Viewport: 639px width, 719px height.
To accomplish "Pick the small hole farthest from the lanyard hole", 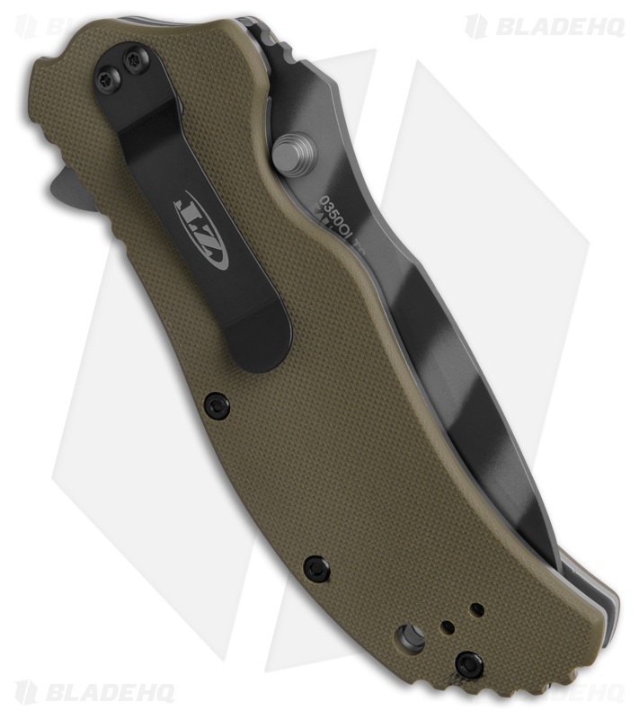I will (x=477, y=610).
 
